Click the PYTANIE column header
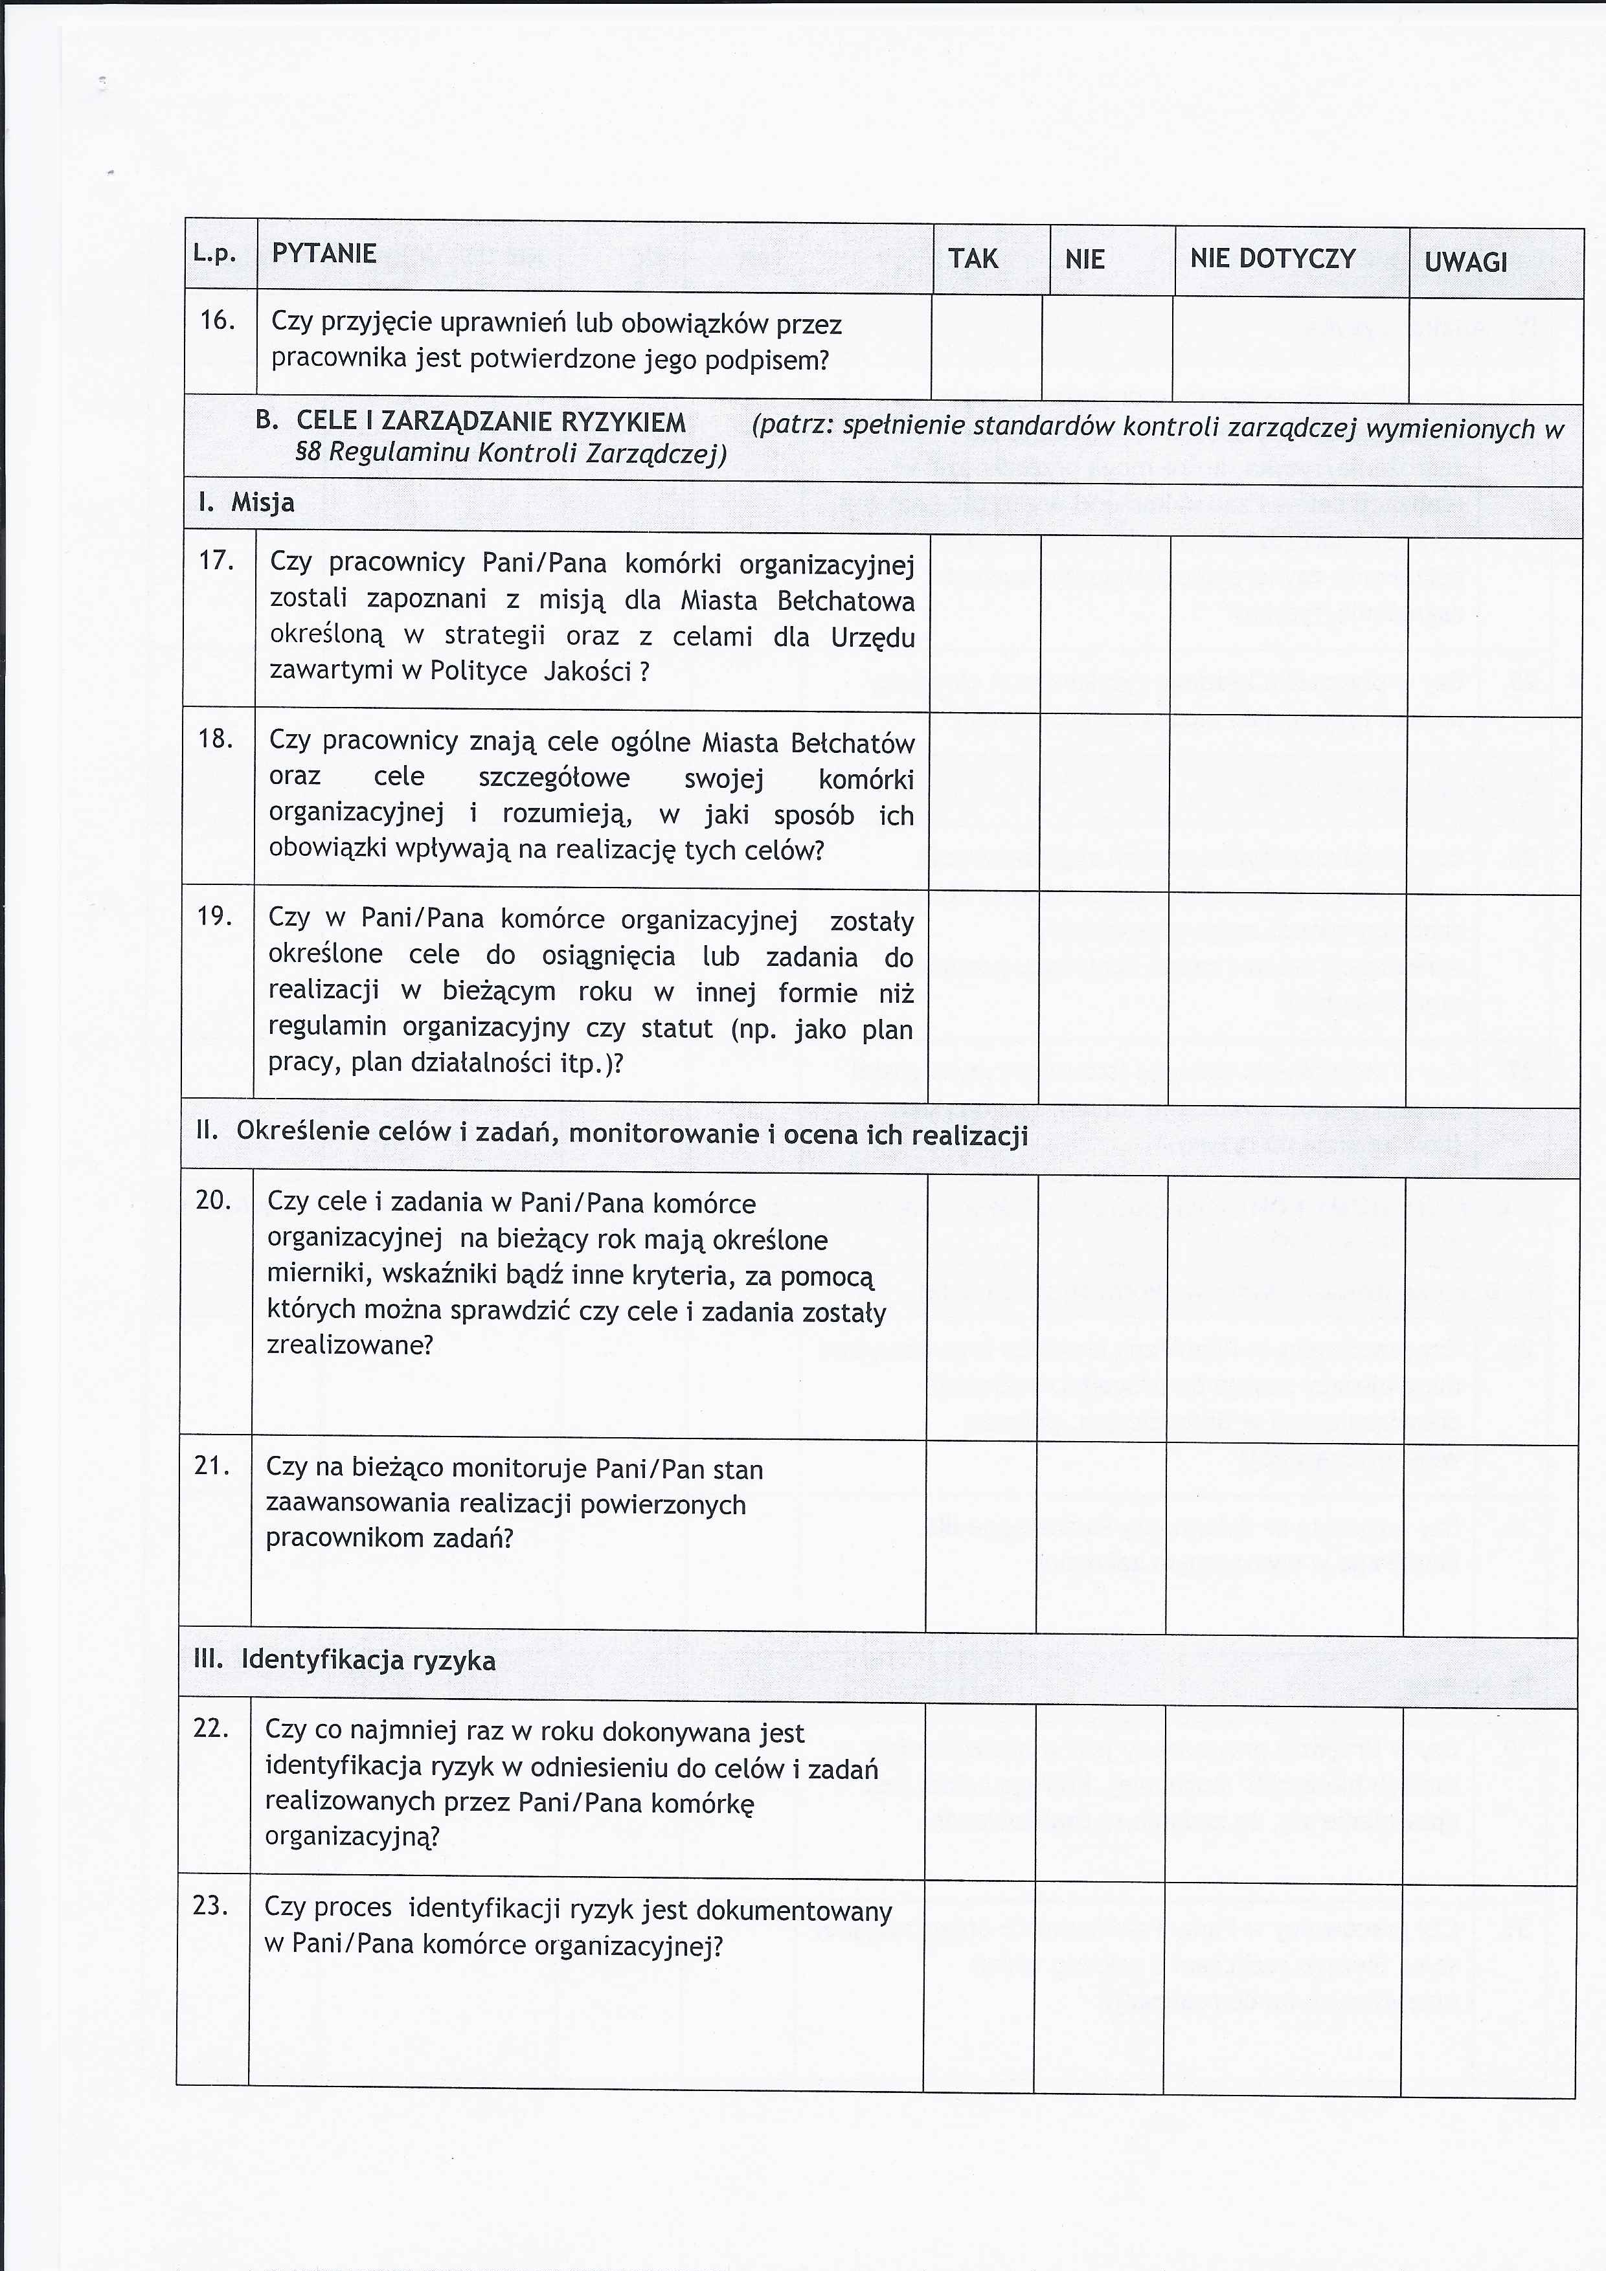coord(324,254)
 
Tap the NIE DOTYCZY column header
coord(1272,259)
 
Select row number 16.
coord(217,320)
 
